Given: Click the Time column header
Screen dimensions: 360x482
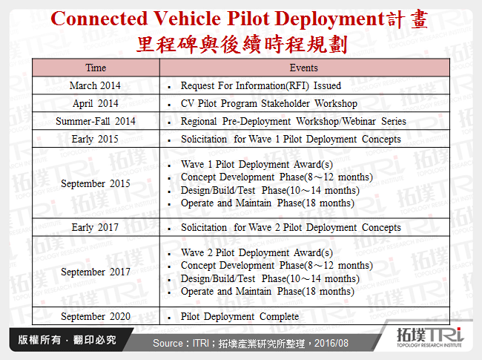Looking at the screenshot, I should (96, 68).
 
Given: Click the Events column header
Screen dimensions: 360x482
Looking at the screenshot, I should (304, 68).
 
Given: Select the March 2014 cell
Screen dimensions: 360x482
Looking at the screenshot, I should (96, 85).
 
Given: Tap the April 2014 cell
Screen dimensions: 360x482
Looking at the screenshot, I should (96, 103).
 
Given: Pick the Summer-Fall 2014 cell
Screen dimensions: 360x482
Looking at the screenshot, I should (96, 121).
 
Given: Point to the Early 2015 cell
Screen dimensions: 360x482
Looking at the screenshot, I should (96, 139).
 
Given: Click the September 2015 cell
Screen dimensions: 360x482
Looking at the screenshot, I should (96, 183).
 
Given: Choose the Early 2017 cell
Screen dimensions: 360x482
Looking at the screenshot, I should (96, 227).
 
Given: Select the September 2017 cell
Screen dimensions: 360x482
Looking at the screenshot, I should (96, 272).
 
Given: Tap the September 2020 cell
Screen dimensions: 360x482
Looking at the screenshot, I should (96, 316).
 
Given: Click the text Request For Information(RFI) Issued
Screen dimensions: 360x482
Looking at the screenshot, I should (261, 85).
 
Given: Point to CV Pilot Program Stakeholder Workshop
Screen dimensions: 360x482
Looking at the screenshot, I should (268, 103).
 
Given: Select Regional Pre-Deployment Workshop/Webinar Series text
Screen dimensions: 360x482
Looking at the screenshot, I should (294, 121).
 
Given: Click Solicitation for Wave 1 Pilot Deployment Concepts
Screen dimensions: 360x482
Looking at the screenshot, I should (291, 139).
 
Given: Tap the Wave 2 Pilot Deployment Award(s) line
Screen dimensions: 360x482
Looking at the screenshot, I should (257, 252).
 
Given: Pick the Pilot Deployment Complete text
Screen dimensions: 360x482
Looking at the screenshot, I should (240, 316).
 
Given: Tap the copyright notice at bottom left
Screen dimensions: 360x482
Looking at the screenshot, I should (64, 341).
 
